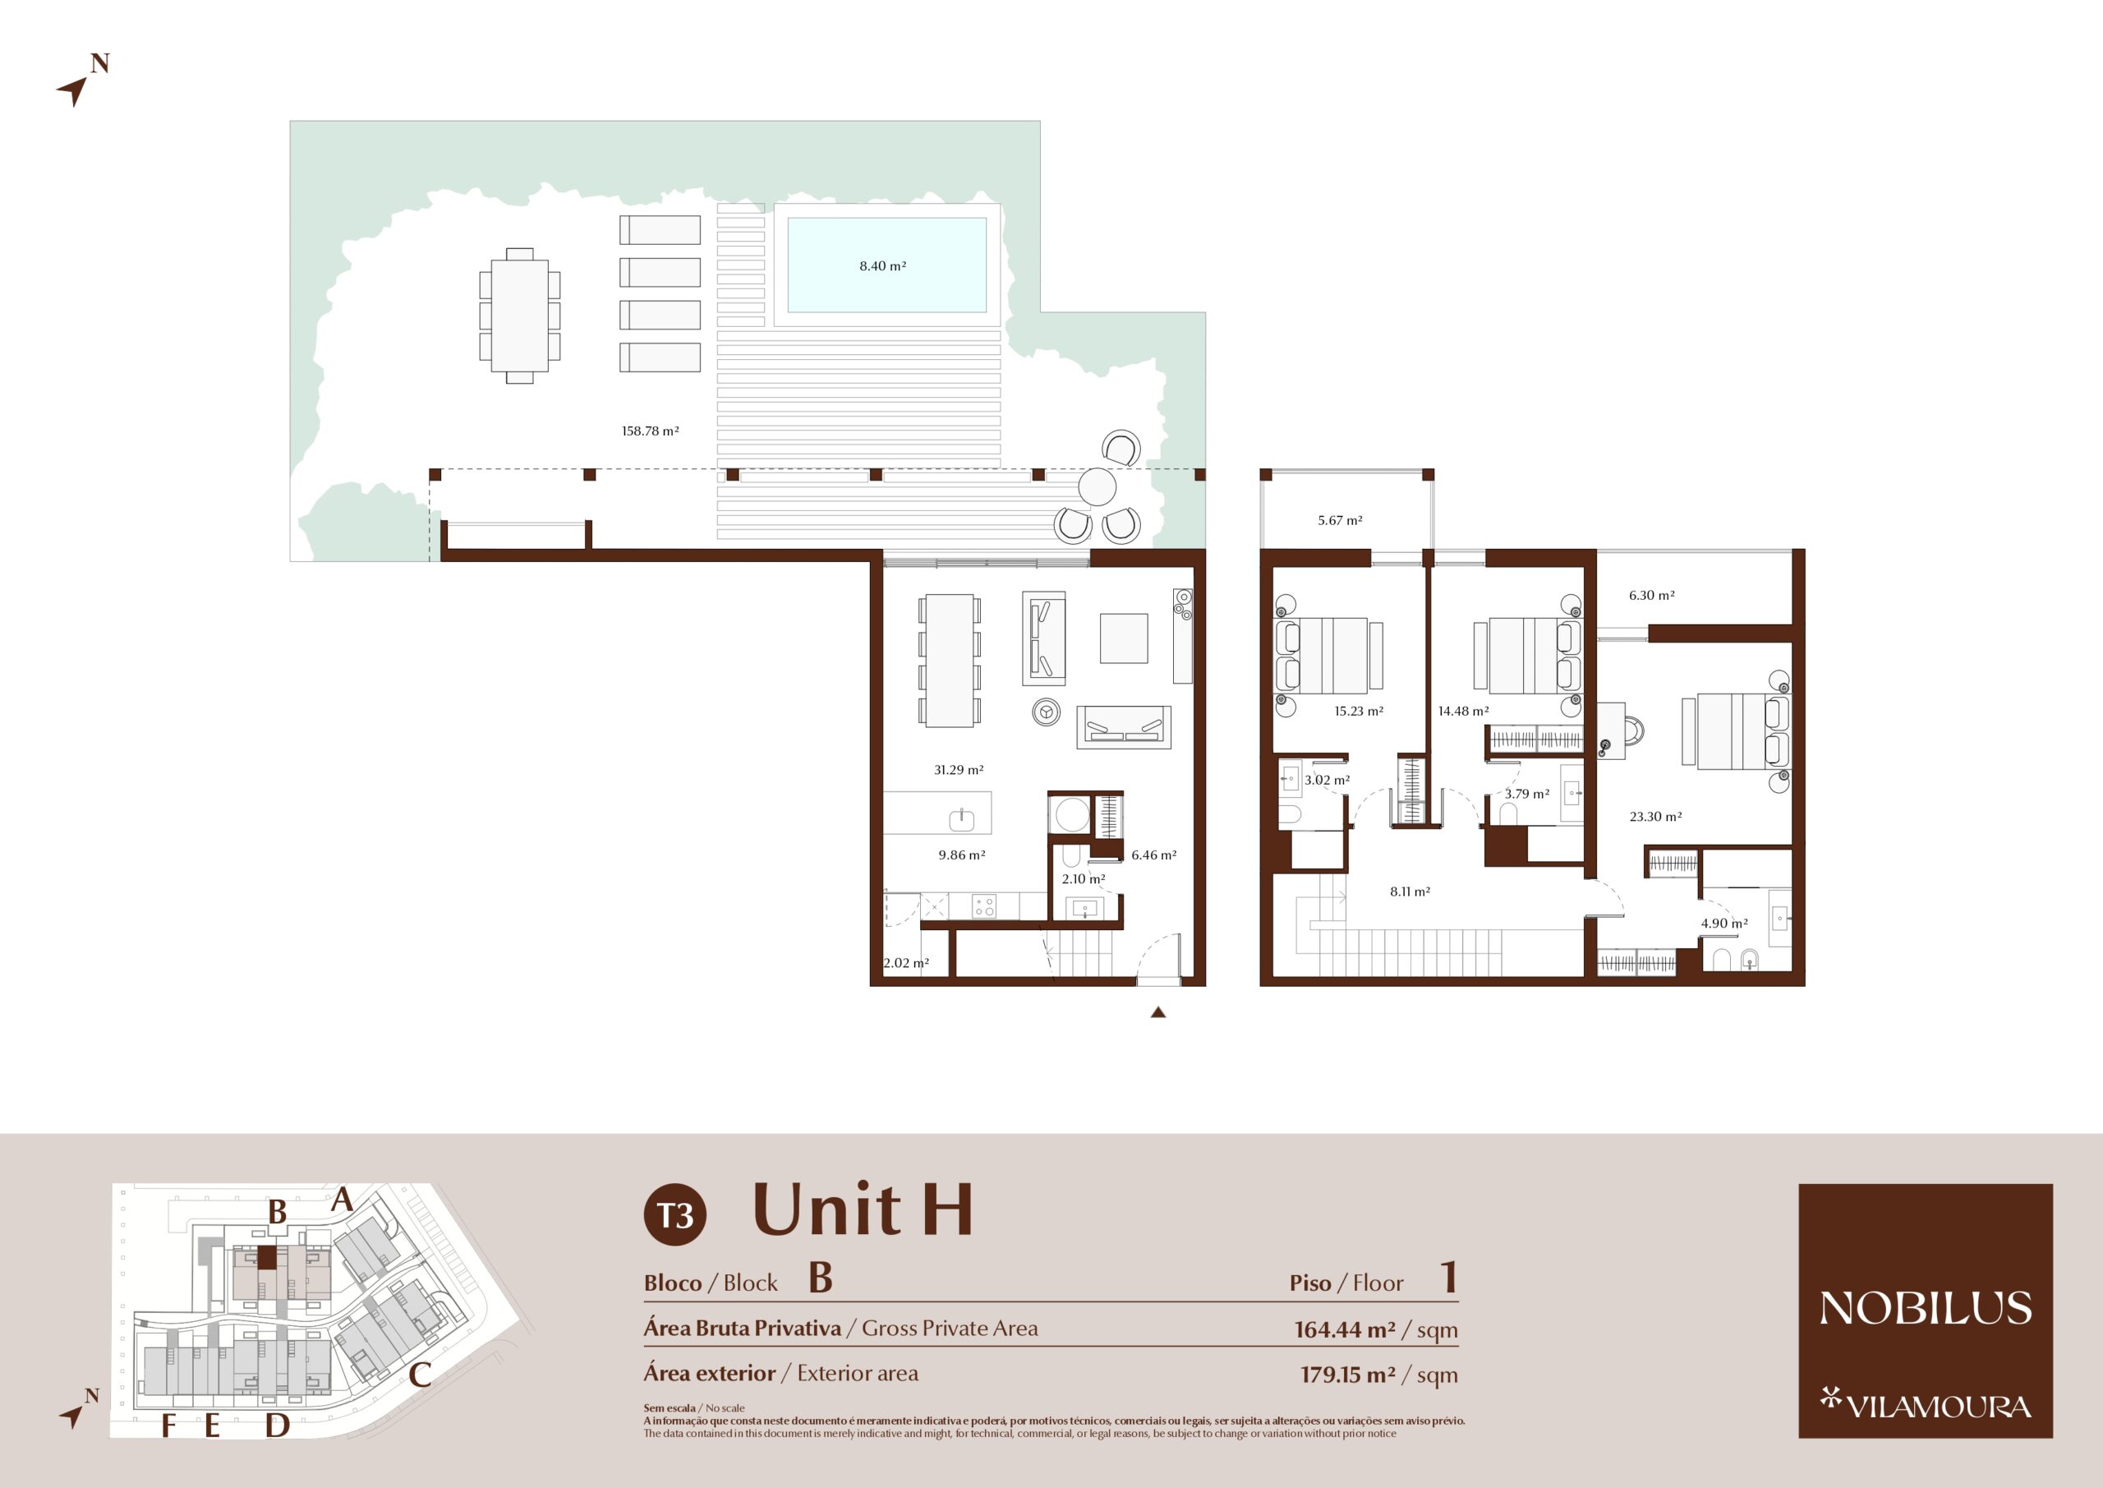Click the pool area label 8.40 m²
(x=882, y=265)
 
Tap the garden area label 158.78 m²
(x=651, y=431)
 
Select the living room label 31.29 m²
(x=958, y=770)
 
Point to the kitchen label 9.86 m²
(x=962, y=855)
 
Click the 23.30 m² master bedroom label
(x=1655, y=817)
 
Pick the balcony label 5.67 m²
(x=1340, y=520)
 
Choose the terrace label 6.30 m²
(x=1651, y=596)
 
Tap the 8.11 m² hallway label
(x=1410, y=891)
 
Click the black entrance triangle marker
(x=1157, y=1012)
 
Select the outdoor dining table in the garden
(x=519, y=316)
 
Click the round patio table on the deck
(x=1097, y=486)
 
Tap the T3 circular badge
(x=675, y=1215)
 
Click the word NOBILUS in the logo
(x=1926, y=1307)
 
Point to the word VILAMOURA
(x=1938, y=1407)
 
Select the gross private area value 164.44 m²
(x=1345, y=1329)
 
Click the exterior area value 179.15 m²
(x=1348, y=1375)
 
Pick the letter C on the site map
(x=421, y=1375)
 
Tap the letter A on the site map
(x=343, y=1200)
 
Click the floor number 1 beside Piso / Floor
(x=1448, y=1278)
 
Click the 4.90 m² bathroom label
(x=1723, y=924)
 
